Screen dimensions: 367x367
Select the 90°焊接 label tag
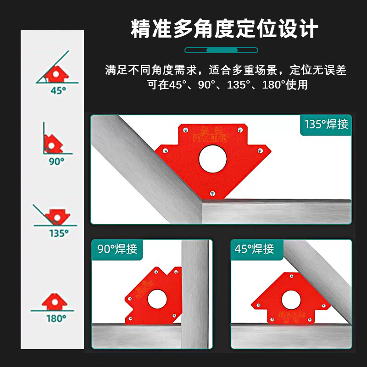(x=117, y=249)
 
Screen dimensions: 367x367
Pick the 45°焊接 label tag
(x=255, y=249)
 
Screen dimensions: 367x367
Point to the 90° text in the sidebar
(x=56, y=161)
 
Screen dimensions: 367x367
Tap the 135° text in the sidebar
(x=59, y=233)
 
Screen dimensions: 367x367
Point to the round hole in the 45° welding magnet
(x=291, y=300)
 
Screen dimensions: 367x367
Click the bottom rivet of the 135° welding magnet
(x=212, y=193)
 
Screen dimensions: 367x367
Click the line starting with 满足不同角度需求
(x=225, y=70)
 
